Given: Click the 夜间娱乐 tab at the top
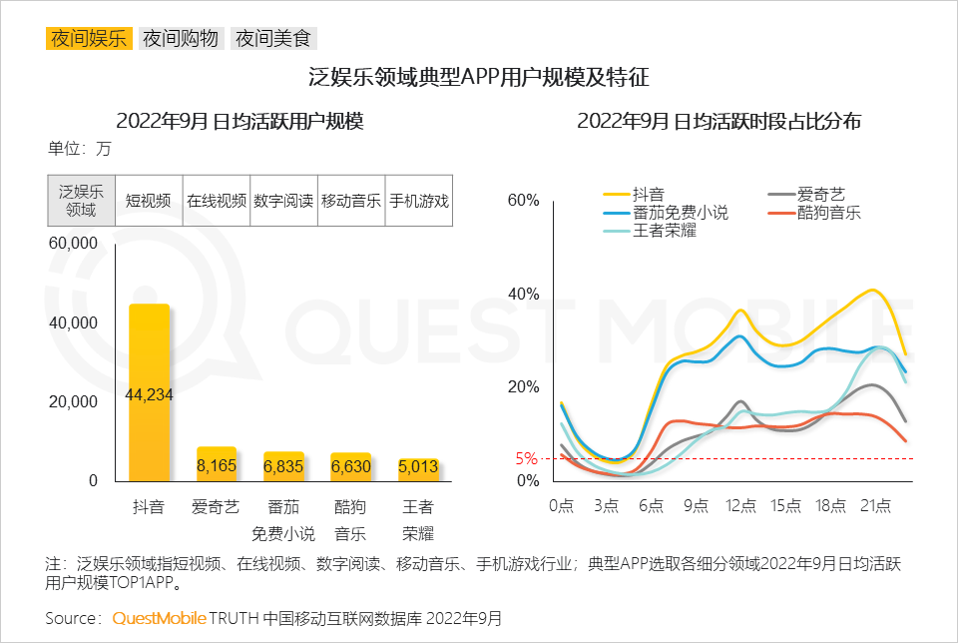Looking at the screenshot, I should pyautogui.click(x=89, y=39).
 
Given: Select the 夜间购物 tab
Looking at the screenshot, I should pyautogui.click(x=181, y=39).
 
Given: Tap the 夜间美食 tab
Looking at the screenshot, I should pyautogui.click(x=273, y=39).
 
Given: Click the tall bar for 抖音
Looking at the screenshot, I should pyautogui.click(x=149, y=393).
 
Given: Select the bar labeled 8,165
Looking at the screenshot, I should pyautogui.click(x=216, y=464).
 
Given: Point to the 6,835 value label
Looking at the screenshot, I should pyautogui.click(x=283, y=466).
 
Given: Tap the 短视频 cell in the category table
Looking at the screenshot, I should pyautogui.click(x=148, y=200).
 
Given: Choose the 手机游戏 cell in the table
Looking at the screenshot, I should pyautogui.click(x=418, y=200).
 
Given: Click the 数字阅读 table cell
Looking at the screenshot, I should pyautogui.click(x=283, y=200).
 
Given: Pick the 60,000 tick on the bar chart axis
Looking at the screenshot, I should pyautogui.click(x=73, y=244).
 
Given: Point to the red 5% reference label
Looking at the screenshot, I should pyautogui.click(x=526, y=459).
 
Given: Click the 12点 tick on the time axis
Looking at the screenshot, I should pyautogui.click(x=740, y=506).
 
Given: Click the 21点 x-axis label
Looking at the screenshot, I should pyautogui.click(x=875, y=506).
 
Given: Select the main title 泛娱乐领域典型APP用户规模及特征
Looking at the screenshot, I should pyautogui.click(x=479, y=79).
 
